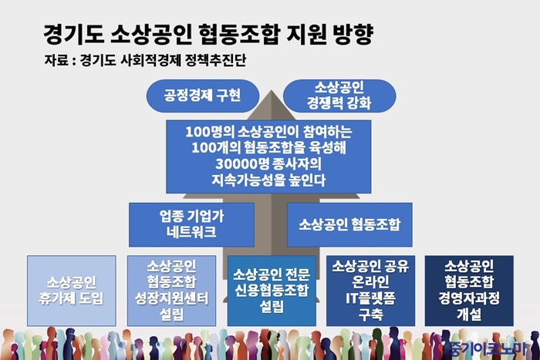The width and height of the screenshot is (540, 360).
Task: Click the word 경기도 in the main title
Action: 74,34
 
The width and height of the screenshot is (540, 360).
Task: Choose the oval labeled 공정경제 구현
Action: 202,96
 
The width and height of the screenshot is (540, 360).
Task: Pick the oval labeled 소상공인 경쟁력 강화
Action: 339,96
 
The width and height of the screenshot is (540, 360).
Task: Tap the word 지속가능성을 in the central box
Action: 248,180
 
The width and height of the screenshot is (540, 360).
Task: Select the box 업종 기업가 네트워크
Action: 191,224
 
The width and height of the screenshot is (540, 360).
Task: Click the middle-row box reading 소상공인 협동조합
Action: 349,224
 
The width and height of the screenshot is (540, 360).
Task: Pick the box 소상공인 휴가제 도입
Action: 72,291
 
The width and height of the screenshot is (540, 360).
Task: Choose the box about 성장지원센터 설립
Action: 171,291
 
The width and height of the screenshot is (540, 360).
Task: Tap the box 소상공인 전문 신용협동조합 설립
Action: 272,291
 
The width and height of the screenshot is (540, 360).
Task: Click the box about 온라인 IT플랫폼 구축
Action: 370,291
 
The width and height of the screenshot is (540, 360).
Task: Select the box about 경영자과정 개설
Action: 469,291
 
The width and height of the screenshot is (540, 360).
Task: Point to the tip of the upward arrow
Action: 272,90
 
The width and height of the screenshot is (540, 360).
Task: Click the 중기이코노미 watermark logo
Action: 488,349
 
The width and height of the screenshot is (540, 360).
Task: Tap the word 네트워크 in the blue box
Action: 191,232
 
